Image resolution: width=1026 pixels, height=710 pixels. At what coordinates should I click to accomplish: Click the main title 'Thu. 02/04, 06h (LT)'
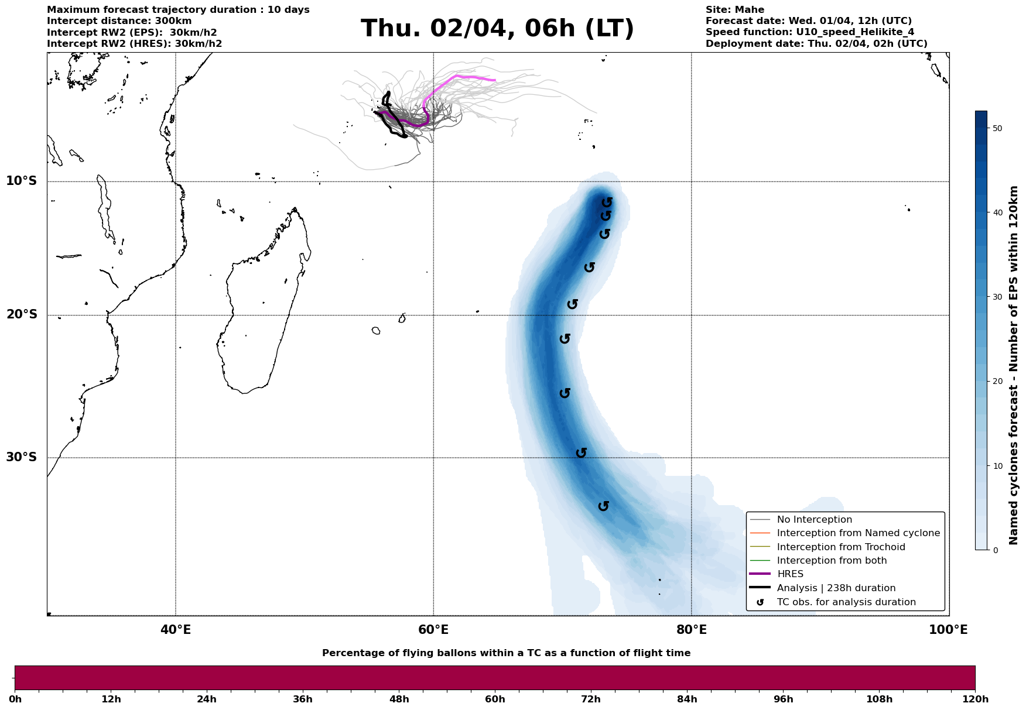click(x=497, y=29)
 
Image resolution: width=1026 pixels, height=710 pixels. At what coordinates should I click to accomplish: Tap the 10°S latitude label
click(x=22, y=181)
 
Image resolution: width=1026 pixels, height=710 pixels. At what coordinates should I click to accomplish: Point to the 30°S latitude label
click(x=22, y=457)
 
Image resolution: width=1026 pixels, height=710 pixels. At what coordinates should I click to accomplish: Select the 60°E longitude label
click(x=433, y=630)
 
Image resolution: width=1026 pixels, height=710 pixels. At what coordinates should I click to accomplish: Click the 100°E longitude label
click(x=948, y=630)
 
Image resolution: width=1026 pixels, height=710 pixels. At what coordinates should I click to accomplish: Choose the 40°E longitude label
click(x=176, y=630)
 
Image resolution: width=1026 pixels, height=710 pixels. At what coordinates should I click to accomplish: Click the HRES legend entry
click(x=790, y=574)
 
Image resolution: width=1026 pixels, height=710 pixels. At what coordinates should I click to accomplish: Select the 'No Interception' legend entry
click(x=814, y=520)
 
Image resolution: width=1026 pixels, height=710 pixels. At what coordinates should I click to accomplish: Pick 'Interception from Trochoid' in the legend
click(x=840, y=547)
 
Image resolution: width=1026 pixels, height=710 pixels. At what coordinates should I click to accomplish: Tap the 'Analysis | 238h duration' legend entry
click(x=836, y=588)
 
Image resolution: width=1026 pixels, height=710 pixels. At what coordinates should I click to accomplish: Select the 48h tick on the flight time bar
click(x=399, y=699)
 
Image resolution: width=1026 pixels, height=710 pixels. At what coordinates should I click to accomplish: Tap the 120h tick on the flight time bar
click(x=974, y=699)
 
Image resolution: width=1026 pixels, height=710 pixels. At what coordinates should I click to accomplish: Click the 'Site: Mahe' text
click(x=734, y=10)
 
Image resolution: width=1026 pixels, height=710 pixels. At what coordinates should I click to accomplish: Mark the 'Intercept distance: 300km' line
click(x=119, y=21)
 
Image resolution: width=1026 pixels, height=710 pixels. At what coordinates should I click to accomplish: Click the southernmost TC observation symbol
click(x=604, y=506)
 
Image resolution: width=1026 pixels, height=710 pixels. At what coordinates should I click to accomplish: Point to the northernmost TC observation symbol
click(x=607, y=202)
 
